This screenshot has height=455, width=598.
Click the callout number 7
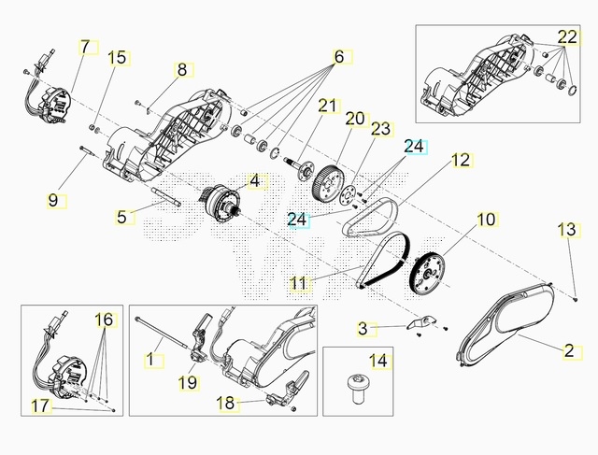86,46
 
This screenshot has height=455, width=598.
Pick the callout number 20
355,119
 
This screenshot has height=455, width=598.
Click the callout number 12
461,160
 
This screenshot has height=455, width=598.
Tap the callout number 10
486,220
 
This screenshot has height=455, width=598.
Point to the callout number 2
568,351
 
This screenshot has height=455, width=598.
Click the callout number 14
377,360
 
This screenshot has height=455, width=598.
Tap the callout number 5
121,217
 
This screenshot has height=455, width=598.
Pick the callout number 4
254,179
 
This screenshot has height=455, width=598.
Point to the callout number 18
224,403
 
